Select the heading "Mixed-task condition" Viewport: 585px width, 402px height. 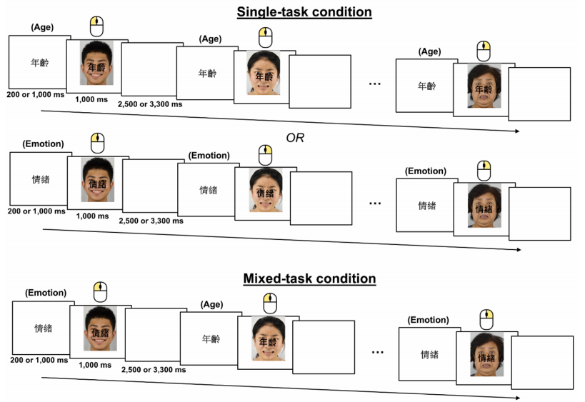coord(309,278)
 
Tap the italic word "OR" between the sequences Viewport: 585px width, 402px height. coord(294,138)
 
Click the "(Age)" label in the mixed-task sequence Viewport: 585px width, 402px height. coord(213,303)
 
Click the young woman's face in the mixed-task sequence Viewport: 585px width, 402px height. coord(268,339)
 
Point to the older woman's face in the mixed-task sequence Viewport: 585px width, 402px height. coord(486,354)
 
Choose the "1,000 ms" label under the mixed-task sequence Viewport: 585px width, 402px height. coord(95,365)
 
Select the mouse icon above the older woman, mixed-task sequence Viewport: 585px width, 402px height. coord(486,318)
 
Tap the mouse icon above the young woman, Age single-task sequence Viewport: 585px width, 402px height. coord(265,36)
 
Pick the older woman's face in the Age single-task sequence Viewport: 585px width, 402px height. coord(484,86)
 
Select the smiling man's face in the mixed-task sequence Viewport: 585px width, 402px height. coord(99,329)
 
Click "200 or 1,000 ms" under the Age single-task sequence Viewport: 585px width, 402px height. coord(34,94)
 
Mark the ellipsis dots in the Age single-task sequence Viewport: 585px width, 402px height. coord(374,84)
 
